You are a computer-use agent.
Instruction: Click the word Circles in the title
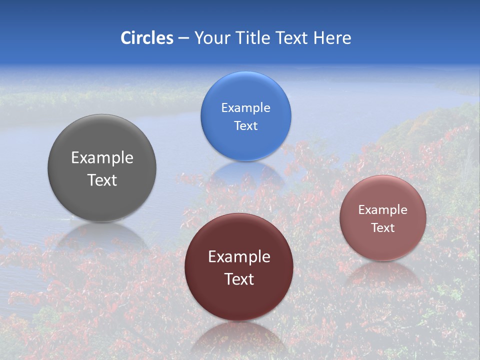(147, 38)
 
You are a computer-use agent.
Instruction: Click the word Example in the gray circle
(102, 158)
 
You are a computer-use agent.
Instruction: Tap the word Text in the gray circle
(102, 180)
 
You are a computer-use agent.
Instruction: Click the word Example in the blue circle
(245, 108)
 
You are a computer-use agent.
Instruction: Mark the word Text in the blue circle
(245, 126)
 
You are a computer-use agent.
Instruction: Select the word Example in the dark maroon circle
(239, 257)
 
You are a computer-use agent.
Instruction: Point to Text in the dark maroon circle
(239, 279)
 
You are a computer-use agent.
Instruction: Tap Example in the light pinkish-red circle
(382, 210)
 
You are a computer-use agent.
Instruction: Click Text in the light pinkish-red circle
(382, 228)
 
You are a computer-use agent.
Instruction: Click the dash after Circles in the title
(183, 38)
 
